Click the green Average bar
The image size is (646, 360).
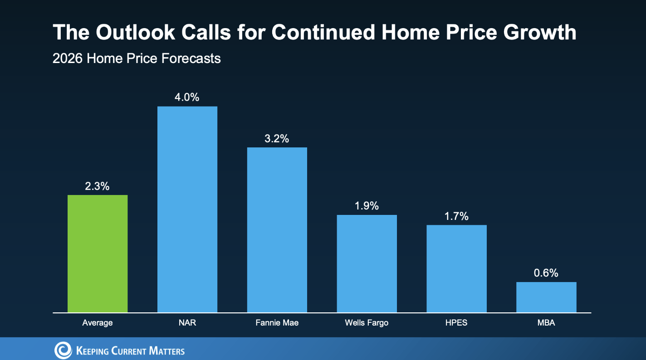[98, 253]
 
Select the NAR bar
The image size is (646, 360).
[187, 209]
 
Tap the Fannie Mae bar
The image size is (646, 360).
[277, 230]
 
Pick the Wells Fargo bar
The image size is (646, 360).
[367, 264]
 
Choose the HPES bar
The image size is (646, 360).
[456, 268]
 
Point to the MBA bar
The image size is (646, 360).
[546, 297]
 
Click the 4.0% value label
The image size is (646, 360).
[187, 97]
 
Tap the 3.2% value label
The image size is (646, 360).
[277, 139]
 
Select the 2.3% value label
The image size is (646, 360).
[97, 186]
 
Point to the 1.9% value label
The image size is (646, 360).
[367, 206]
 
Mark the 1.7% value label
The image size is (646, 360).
[456, 216]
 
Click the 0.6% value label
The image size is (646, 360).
[546, 273]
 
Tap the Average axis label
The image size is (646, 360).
[98, 323]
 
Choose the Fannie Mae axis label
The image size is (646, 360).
[277, 322]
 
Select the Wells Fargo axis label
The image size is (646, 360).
[367, 323]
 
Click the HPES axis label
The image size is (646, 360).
[456, 322]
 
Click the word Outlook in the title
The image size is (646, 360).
[135, 32]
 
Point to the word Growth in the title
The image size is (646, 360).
[539, 32]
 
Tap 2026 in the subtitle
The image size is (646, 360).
[68, 58]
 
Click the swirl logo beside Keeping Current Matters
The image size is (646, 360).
[63, 350]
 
